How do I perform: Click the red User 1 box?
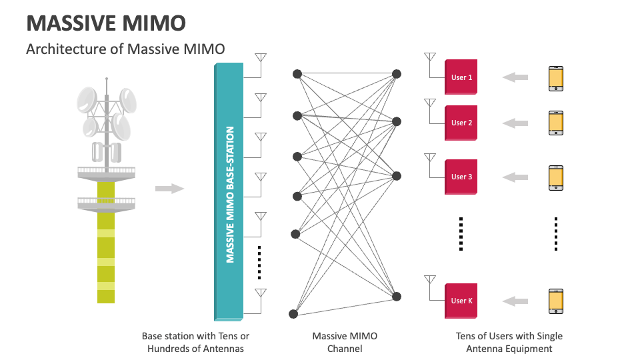point(461,77)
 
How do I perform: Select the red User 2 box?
point(461,123)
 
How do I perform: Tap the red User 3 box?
point(461,177)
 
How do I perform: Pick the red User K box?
point(461,301)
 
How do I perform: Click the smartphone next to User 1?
point(555,78)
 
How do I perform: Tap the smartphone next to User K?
point(555,301)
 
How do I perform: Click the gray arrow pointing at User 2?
point(515,123)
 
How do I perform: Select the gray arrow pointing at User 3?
point(515,177)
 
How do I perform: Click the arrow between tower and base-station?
point(169,189)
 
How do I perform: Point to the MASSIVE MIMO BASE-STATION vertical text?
point(230,194)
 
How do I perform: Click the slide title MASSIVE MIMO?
point(105,23)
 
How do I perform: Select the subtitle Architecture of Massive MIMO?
point(125,49)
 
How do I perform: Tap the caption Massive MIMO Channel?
point(345,342)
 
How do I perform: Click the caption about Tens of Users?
point(509,342)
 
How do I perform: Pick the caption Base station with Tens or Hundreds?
point(195,342)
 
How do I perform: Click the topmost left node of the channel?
point(297,73)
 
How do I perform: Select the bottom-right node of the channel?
point(396,296)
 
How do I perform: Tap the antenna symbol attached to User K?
point(430,280)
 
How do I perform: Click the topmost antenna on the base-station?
point(261,58)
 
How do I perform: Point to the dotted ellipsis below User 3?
point(461,233)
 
